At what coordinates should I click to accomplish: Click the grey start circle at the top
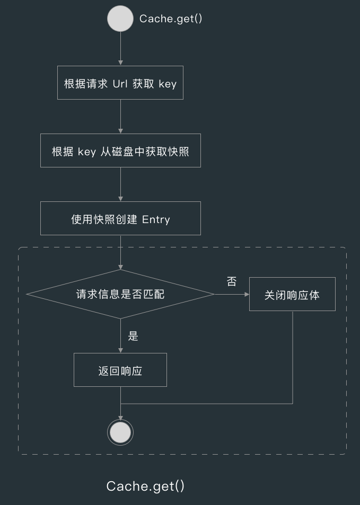coord(120,19)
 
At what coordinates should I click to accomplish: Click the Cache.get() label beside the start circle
coord(171,19)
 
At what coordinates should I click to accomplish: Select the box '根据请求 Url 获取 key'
coord(120,83)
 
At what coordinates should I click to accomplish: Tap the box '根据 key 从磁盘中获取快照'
coord(120,150)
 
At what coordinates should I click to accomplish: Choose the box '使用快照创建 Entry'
coord(120,218)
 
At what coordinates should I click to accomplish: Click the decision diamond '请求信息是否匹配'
coord(120,294)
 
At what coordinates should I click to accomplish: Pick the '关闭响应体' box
coord(292,294)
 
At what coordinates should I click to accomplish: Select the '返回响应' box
coord(120,370)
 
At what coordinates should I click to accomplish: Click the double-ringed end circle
coord(120,432)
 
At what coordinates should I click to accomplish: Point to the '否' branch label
coord(232,282)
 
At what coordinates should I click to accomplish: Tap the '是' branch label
coord(133,336)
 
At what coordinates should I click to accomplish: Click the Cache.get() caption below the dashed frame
coord(145,486)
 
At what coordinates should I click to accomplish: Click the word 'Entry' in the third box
coord(156,219)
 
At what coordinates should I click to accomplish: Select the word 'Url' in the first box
coord(120,84)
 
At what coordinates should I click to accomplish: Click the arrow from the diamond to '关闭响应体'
coord(232,294)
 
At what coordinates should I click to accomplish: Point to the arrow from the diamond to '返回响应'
coord(120,336)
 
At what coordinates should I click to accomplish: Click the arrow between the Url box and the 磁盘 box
coord(120,117)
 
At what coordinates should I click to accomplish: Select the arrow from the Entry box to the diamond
coord(120,252)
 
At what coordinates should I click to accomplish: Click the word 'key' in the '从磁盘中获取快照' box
coord(87,151)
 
